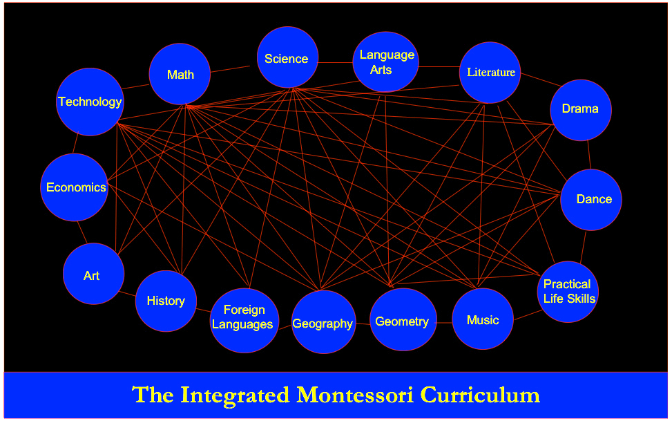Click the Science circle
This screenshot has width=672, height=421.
coord(287,57)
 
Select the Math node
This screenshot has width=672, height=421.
coord(180,74)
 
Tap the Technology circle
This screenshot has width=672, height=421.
coord(90,102)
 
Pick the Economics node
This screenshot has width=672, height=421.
coord(75,187)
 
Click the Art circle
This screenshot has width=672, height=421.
coord(93,274)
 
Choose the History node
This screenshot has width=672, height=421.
coord(166,301)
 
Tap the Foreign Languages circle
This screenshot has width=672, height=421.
coord(244,321)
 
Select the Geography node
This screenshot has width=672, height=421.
coord(324,322)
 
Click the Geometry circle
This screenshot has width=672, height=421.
coord(403,319)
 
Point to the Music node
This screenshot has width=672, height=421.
coord(483,319)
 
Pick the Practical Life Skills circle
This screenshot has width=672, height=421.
coord(568,292)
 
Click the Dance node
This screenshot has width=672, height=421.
coord(591,200)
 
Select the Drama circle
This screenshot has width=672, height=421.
coord(581,110)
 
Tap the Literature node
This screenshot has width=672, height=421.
coord(490,73)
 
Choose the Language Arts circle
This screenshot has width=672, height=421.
coord(385,62)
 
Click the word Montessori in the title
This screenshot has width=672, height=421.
coord(355,395)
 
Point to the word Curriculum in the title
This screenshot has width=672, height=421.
coord(480,395)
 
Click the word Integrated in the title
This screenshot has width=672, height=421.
coord(235,395)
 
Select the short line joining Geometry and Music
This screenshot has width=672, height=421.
coord(444,322)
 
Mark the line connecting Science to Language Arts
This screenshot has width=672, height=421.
coord(336,63)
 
